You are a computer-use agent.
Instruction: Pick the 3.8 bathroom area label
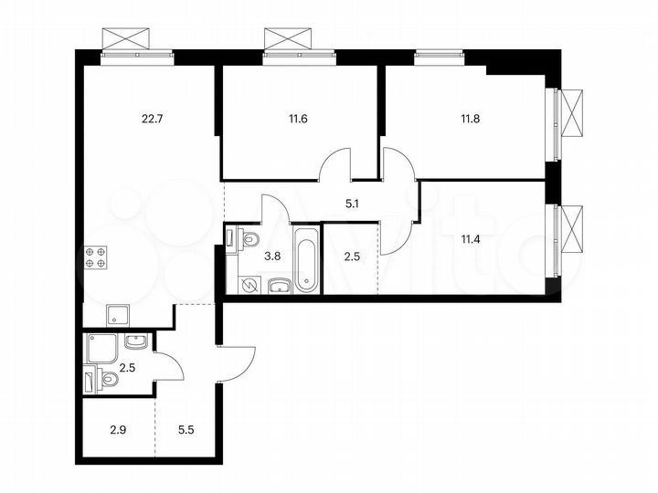click(x=271, y=257)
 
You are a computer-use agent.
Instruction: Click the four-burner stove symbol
click(x=97, y=257)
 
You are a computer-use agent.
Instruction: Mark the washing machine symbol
click(x=249, y=286)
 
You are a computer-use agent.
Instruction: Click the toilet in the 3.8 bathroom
click(x=249, y=240)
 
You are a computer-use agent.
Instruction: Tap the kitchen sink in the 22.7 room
click(x=118, y=315)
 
